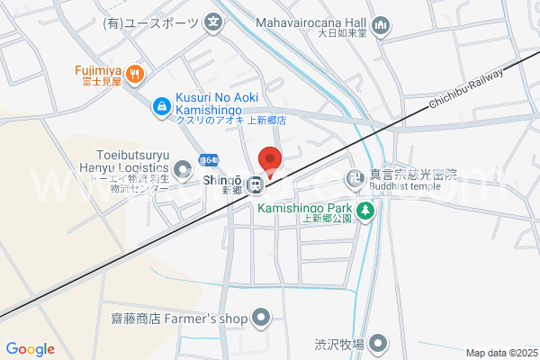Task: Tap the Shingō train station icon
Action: (x=256, y=185)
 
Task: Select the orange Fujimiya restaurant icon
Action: (x=134, y=74)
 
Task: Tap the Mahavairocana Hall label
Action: (x=311, y=22)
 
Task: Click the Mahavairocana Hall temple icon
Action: (x=381, y=26)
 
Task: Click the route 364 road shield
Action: (x=209, y=159)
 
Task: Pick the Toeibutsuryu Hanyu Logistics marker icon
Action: (x=184, y=168)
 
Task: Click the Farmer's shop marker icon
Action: (x=261, y=317)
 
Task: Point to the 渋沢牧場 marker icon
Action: (x=379, y=343)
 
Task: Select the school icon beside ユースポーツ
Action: (x=213, y=22)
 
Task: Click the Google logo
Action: (x=30, y=349)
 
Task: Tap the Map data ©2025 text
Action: (x=501, y=353)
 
